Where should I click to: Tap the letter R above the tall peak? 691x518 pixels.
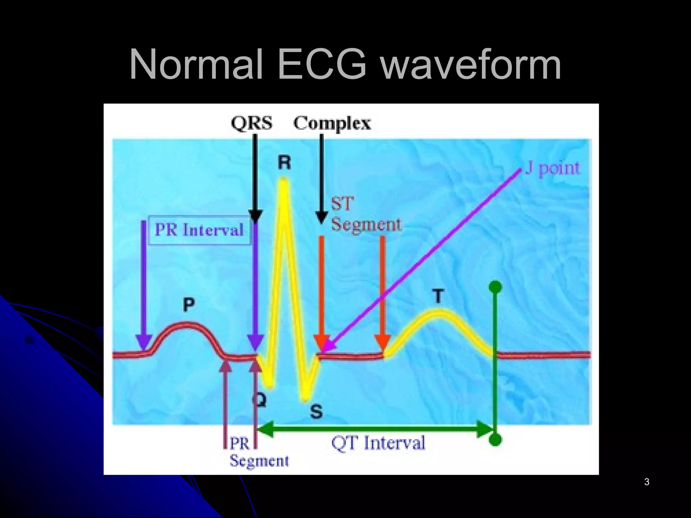click(284, 163)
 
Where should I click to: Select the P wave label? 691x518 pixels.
click(189, 305)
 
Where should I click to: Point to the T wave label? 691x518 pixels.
click(438, 297)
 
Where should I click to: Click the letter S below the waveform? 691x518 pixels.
click(316, 412)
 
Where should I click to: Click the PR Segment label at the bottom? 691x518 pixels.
click(259, 452)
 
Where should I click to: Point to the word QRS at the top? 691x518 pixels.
click(252, 123)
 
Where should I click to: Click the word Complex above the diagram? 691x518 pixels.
click(332, 124)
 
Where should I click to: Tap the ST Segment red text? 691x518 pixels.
click(366, 215)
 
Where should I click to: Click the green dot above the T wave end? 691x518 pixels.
click(495, 287)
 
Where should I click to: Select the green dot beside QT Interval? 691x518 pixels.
click(495, 440)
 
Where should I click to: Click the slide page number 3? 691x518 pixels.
click(646, 482)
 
